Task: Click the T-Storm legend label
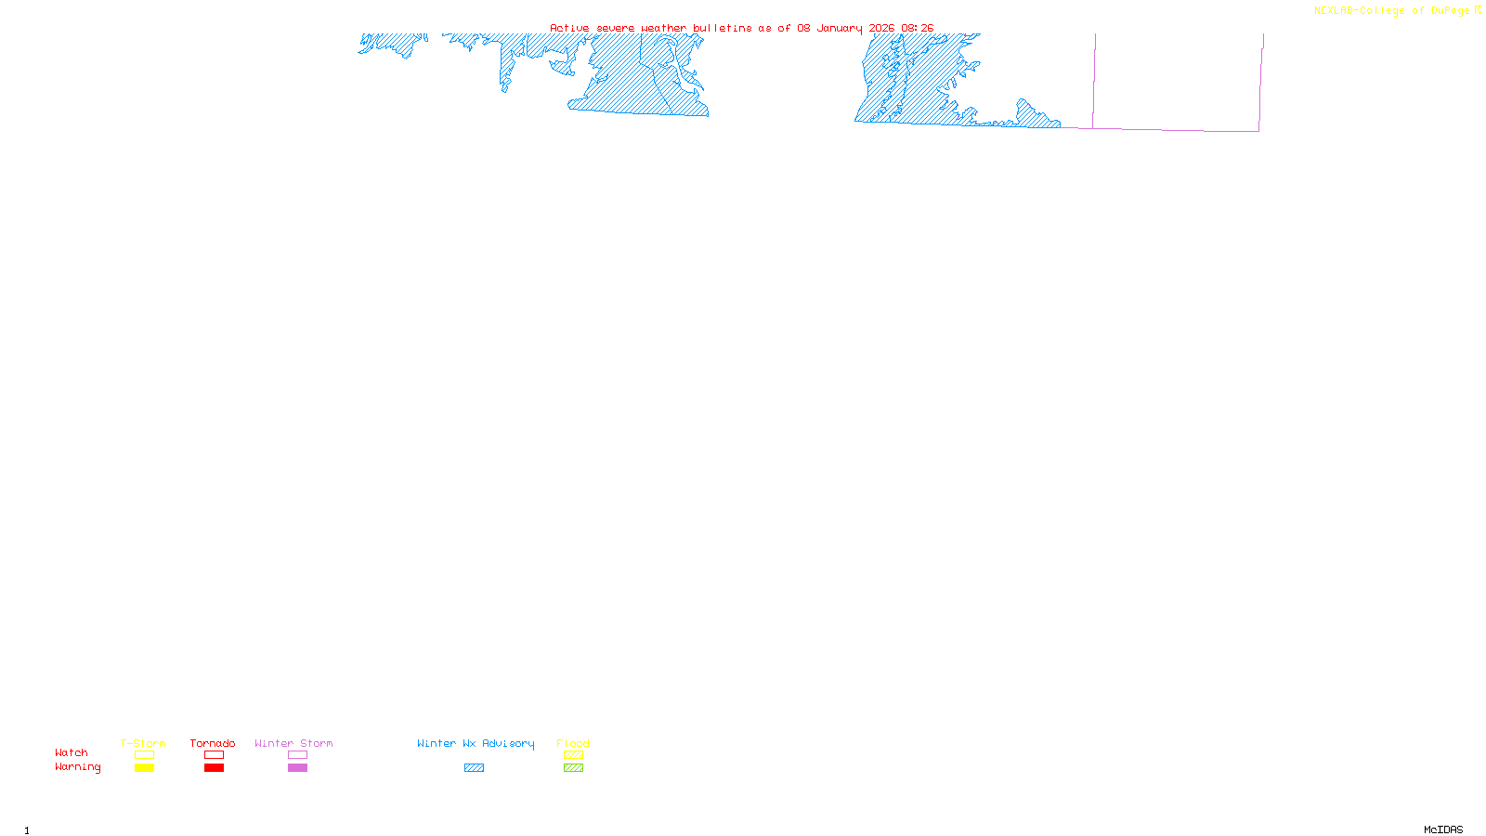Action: point(143,743)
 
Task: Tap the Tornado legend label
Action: point(213,743)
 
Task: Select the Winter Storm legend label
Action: point(293,743)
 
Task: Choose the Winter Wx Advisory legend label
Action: point(476,743)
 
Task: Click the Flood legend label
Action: point(573,743)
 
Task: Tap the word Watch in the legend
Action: point(72,752)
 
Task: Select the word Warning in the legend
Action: point(78,767)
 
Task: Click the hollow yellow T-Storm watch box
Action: point(144,755)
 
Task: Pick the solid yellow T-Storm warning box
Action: point(144,768)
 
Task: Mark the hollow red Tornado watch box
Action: point(214,755)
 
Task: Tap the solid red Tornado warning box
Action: point(214,768)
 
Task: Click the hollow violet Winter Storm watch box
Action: point(297,755)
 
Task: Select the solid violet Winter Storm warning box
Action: point(297,768)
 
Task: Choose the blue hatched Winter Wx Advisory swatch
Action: point(474,768)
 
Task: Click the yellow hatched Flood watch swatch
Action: point(573,755)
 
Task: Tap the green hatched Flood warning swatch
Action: point(573,768)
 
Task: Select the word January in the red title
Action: point(840,28)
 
